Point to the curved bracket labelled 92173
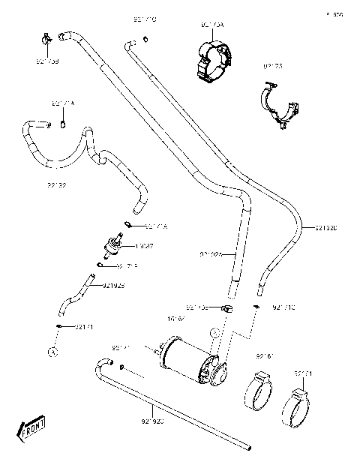pos(280,105)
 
